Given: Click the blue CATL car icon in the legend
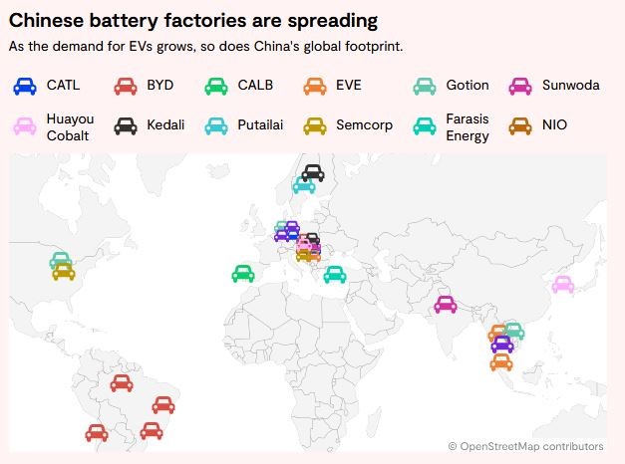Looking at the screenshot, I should (25, 86).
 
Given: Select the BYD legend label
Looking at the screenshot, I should (159, 85).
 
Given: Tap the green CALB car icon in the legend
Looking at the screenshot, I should (216, 86).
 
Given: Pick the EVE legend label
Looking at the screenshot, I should (349, 85).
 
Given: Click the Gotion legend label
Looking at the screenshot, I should (467, 85).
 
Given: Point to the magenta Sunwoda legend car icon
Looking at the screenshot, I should (520, 86).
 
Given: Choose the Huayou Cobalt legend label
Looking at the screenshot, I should (69, 126).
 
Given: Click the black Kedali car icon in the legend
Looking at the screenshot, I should (125, 126).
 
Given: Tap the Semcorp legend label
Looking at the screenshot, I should (365, 125).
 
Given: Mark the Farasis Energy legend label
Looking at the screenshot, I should (468, 126).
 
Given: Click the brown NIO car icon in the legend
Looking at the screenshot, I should (520, 126).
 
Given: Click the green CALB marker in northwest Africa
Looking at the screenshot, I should (242, 273).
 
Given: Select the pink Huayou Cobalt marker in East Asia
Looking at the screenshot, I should (563, 285).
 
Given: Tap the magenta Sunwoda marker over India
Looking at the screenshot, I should (446, 304).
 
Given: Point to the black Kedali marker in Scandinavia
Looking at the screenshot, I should (313, 172).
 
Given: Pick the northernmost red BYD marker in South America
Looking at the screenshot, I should (122, 382).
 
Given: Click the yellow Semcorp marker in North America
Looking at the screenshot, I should (64, 271).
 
